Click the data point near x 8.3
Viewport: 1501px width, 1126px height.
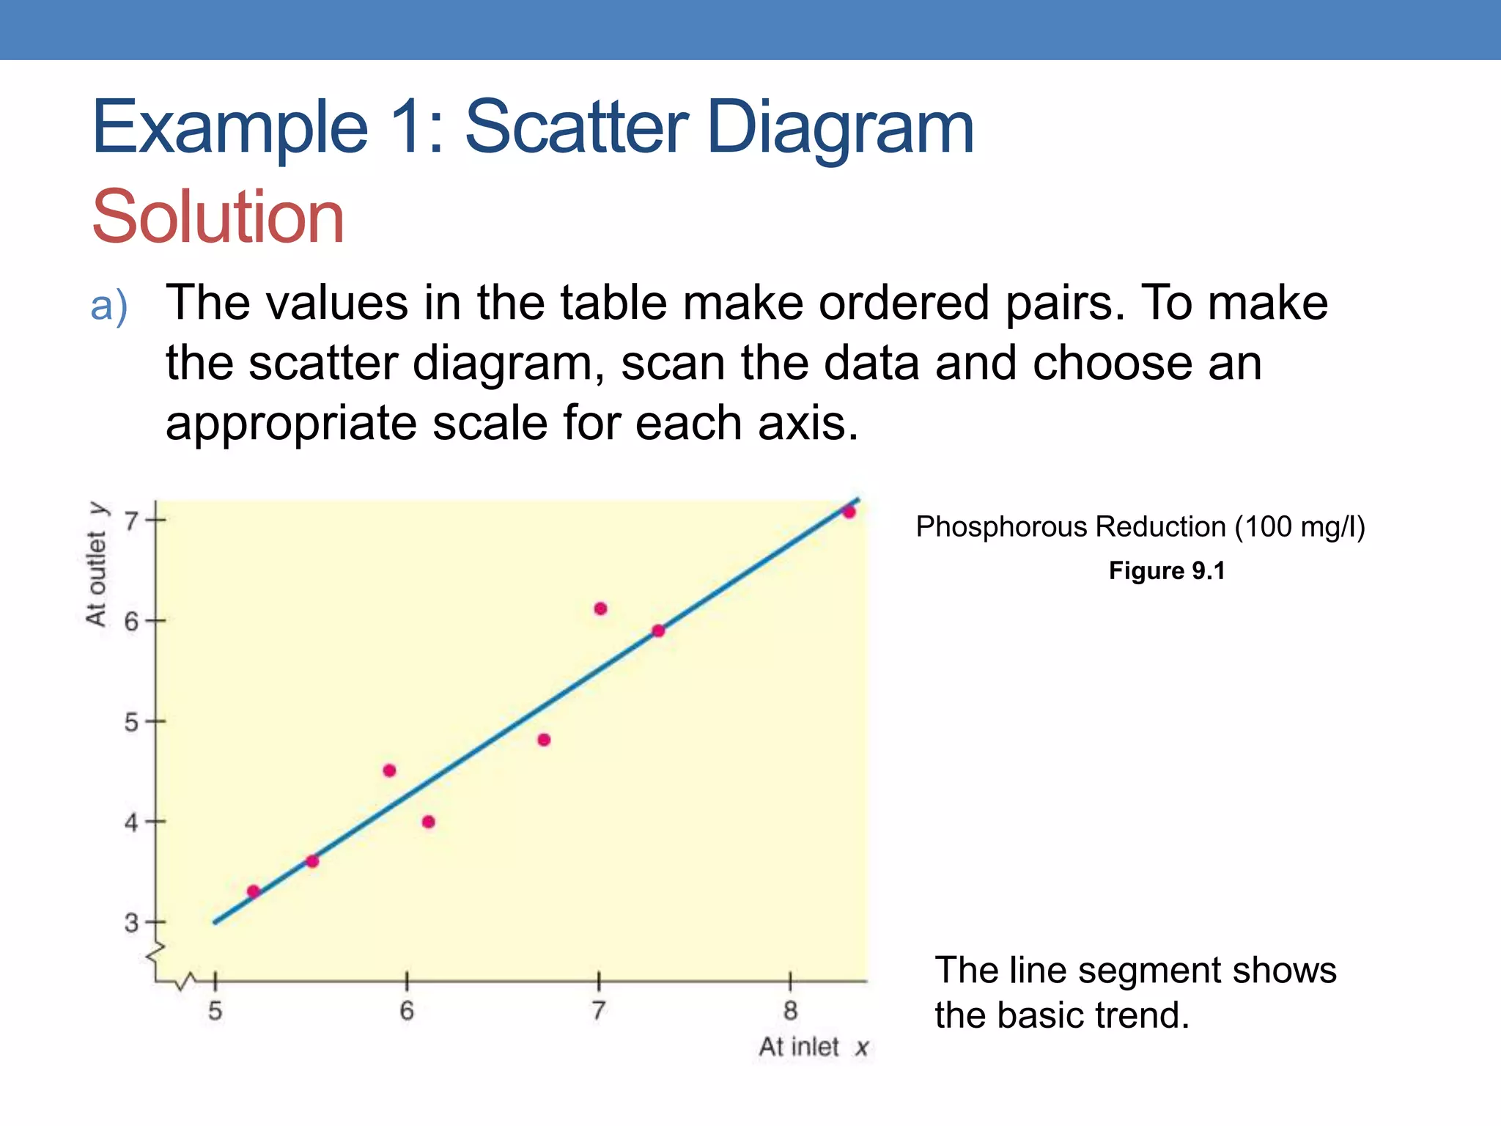[x=849, y=512]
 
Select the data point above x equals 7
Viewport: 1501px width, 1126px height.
[x=600, y=608]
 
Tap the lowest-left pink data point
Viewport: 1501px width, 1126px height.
[x=254, y=891]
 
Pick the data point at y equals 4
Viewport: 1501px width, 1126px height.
[x=429, y=822]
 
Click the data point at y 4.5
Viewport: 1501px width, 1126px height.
[x=389, y=770]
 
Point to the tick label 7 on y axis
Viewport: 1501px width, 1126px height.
[x=131, y=521]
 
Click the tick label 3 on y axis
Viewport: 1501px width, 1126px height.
[x=131, y=923]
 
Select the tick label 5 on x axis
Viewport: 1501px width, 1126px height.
[x=215, y=1012]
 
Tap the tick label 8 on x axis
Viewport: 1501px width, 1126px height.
[x=790, y=1012]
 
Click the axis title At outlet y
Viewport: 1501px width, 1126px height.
[x=97, y=564]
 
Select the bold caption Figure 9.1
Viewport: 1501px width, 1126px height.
[x=1167, y=571]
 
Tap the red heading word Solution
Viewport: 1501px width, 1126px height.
[x=218, y=217]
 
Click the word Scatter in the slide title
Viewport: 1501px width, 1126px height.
[x=576, y=128]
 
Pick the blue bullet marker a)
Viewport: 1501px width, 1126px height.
[x=109, y=306]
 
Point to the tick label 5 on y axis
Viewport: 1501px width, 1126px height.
[x=131, y=723]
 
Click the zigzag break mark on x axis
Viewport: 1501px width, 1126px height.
[x=187, y=982]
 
